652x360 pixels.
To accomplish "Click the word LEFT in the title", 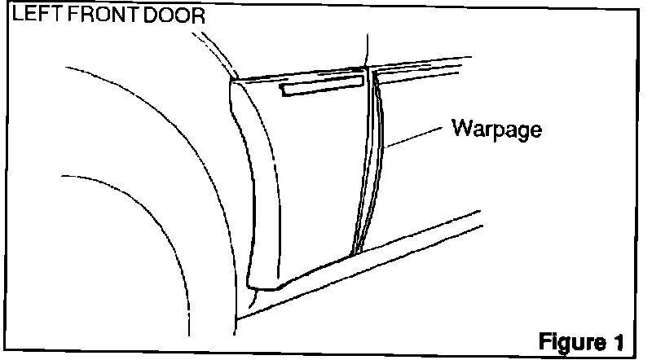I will [26, 15].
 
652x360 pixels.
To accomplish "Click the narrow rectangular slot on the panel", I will [322, 87].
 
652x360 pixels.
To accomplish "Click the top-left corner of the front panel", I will [233, 80].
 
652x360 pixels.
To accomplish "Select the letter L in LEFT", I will [10, 15].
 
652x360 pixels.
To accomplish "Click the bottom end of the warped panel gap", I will [355, 251].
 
